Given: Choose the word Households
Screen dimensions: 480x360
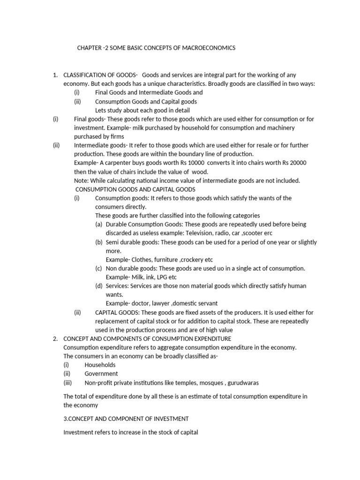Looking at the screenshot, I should [x=100, y=365].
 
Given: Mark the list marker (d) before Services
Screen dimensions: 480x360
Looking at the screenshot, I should [x=99, y=286].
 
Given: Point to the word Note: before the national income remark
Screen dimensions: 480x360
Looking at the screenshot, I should [x=82, y=180].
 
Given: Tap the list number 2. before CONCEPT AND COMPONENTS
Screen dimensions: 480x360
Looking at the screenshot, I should [x=55, y=338].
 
